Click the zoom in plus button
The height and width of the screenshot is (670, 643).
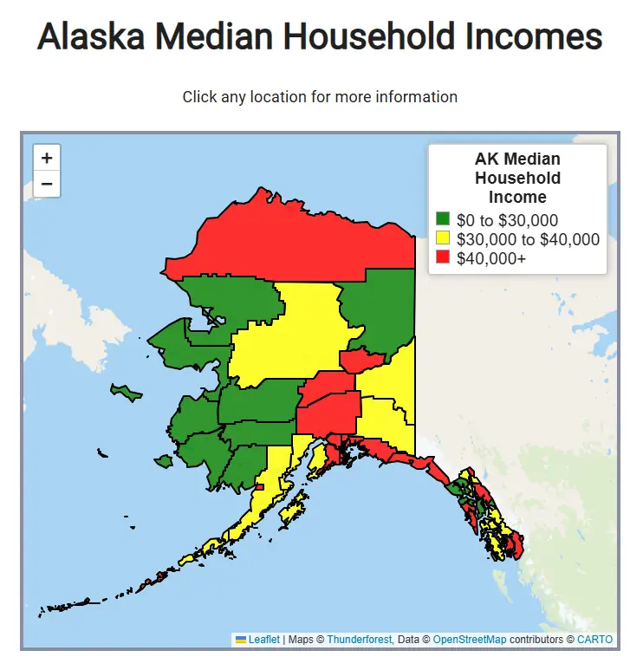click(x=47, y=158)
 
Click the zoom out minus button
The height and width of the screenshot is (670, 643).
click(x=47, y=184)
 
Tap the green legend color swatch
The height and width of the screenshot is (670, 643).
click(x=443, y=220)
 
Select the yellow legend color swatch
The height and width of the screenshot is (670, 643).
click(x=443, y=238)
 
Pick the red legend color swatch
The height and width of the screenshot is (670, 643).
click(x=443, y=257)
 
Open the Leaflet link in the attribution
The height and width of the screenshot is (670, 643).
click(x=263, y=640)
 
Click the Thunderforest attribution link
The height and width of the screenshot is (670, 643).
click(x=358, y=640)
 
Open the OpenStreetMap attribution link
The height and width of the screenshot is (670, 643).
click(x=469, y=640)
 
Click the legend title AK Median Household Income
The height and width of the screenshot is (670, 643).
click(x=517, y=178)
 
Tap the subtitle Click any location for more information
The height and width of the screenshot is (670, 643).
click(x=320, y=96)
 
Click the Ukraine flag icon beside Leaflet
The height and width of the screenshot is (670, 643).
click(x=241, y=640)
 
